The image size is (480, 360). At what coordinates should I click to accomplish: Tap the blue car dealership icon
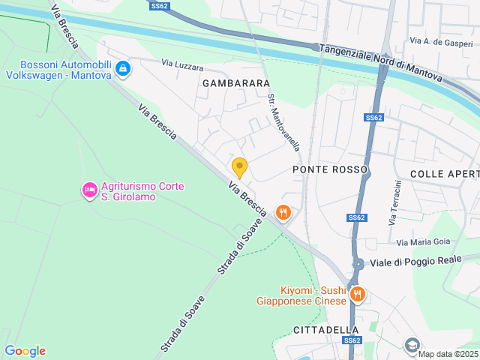(123, 70)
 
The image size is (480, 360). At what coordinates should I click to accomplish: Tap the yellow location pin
(239, 167)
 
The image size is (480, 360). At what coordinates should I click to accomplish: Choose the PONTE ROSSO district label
(330, 169)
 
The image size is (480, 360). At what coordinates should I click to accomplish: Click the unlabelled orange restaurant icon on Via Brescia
(283, 212)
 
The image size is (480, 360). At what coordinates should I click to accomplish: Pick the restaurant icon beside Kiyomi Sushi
(358, 295)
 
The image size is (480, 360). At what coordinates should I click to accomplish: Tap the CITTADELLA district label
(325, 330)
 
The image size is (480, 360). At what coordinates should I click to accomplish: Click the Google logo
(25, 350)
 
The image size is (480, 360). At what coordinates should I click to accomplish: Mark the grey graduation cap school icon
(412, 345)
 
